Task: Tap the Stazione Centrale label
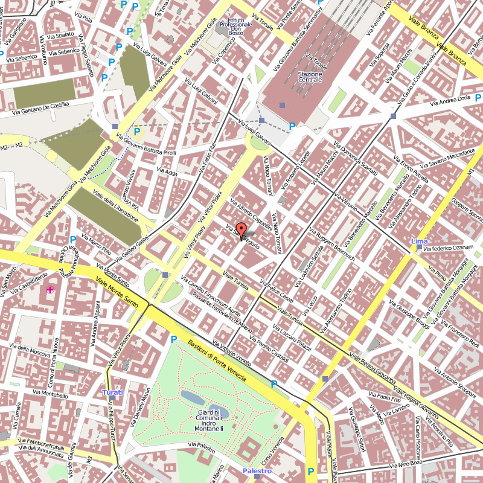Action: [x=310, y=76]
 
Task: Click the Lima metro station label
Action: [x=419, y=241]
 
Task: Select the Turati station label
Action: [x=112, y=392]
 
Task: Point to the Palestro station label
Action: [x=257, y=470]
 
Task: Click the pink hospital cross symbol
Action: [x=50, y=290]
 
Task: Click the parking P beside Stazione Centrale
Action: [x=292, y=126]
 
